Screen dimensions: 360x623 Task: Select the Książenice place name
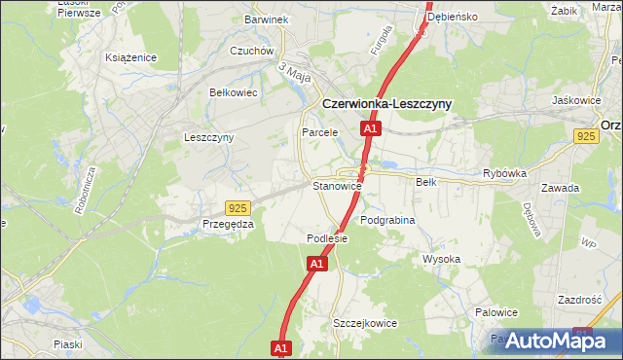[131, 57]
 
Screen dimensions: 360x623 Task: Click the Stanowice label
[337, 185]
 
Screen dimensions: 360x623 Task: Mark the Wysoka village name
[441, 259]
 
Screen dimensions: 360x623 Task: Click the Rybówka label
[504, 173]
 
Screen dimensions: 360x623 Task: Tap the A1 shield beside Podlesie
[317, 263]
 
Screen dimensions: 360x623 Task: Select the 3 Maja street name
[293, 70]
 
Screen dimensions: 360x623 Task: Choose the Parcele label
[319, 132]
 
